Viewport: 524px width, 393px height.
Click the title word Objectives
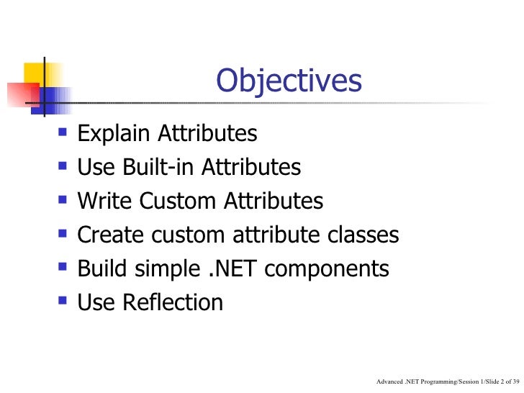[x=288, y=82]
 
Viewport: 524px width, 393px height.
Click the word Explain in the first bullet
[x=115, y=135]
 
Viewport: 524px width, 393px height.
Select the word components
[x=335, y=270]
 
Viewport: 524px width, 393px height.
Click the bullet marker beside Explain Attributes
[x=63, y=134]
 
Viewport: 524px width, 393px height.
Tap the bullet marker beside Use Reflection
[x=63, y=302]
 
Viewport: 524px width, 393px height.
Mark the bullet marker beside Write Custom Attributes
[x=63, y=201]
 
